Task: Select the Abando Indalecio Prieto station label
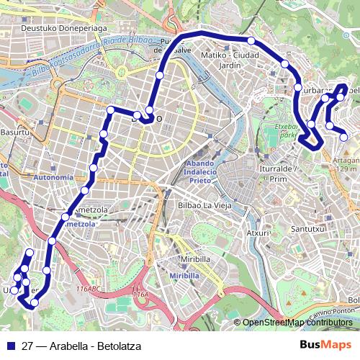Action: coord(192,172)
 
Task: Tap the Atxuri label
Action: coord(258,233)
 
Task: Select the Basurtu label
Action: coord(15,132)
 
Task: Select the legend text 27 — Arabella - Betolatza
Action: coord(81,346)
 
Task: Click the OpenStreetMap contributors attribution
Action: coord(297,323)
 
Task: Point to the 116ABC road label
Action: coord(89,289)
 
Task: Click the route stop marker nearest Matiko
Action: coord(252,41)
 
